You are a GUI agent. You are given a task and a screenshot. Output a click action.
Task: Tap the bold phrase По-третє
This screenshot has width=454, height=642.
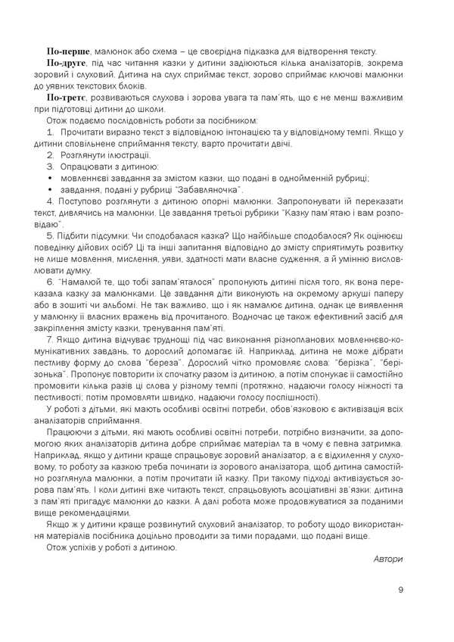[67, 98]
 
